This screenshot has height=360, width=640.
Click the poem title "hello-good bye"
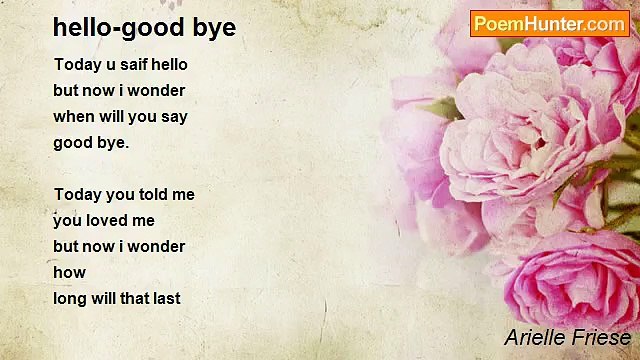(x=144, y=28)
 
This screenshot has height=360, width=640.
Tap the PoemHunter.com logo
(x=549, y=24)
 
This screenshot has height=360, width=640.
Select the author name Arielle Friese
(x=567, y=337)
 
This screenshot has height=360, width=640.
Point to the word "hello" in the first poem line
(x=168, y=65)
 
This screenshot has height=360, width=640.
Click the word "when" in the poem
(x=73, y=117)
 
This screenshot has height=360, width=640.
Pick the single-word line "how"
(x=69, y=272)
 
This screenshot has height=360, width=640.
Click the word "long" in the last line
(x=71, y=298)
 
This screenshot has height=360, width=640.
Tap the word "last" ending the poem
(x=164, y=298)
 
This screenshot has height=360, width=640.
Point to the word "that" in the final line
(x=130, y=298)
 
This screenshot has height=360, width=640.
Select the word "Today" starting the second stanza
(x=76, y=195)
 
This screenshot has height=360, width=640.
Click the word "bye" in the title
(x=214, y=28)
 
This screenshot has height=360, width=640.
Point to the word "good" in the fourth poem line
(x=73, y=143)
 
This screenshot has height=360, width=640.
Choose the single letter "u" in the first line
(x=104, y=65)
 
